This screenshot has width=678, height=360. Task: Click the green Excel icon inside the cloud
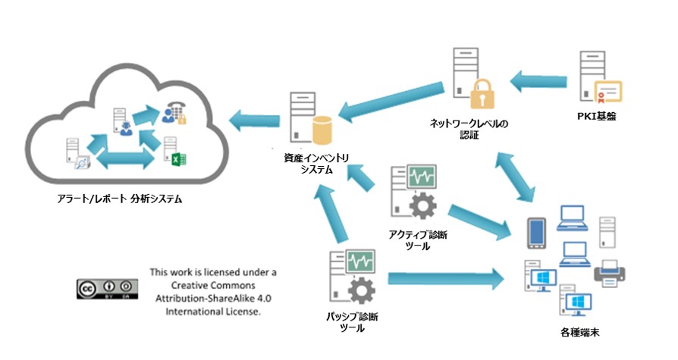point(180,160)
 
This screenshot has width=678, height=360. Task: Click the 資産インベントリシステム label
point(310,164)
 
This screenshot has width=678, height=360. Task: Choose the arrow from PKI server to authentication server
point(541,78)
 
